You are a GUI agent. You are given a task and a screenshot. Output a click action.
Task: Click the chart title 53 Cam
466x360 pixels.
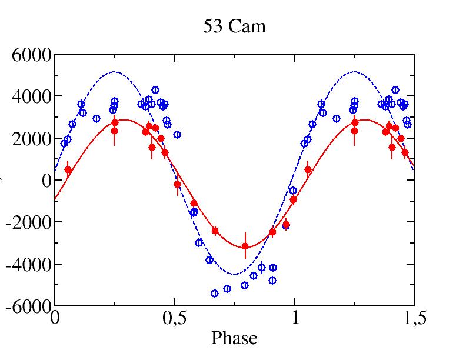[x=234, y=26]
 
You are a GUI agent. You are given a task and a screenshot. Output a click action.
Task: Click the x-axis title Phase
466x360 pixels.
[x=234, y=338]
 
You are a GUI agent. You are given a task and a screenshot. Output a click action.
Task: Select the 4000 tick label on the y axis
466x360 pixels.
[x=31, y=97]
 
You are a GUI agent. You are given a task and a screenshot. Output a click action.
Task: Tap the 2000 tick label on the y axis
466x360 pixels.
[x=31, y=139]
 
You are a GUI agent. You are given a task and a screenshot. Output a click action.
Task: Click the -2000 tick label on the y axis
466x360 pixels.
[x=28, y=222]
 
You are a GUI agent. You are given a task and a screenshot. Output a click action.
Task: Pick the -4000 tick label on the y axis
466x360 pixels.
[x=28, y=264]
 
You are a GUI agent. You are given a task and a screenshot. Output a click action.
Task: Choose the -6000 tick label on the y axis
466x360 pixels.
[x=28, y=306]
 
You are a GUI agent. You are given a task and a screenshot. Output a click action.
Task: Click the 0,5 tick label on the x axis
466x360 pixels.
[x=174, y=318]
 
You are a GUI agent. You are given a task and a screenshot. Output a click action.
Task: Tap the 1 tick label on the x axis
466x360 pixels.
[x=295, y=318]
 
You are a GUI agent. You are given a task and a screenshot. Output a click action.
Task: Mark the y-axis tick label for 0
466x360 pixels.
[x=46, y=181]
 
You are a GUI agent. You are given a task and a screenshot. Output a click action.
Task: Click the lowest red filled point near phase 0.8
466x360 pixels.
[x=245, y=246]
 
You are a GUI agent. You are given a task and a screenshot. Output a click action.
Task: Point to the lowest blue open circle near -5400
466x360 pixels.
[x=215, y=294]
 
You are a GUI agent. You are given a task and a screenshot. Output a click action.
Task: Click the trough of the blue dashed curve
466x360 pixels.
[x=234, y=274]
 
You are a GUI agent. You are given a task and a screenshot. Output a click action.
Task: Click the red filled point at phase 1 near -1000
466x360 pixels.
[x=293, y=200]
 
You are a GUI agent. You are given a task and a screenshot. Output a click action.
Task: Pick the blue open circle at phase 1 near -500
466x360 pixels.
[x=293, y=191]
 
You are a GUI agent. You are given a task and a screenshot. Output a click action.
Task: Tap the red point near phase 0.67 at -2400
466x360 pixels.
[x=215, y=231]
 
